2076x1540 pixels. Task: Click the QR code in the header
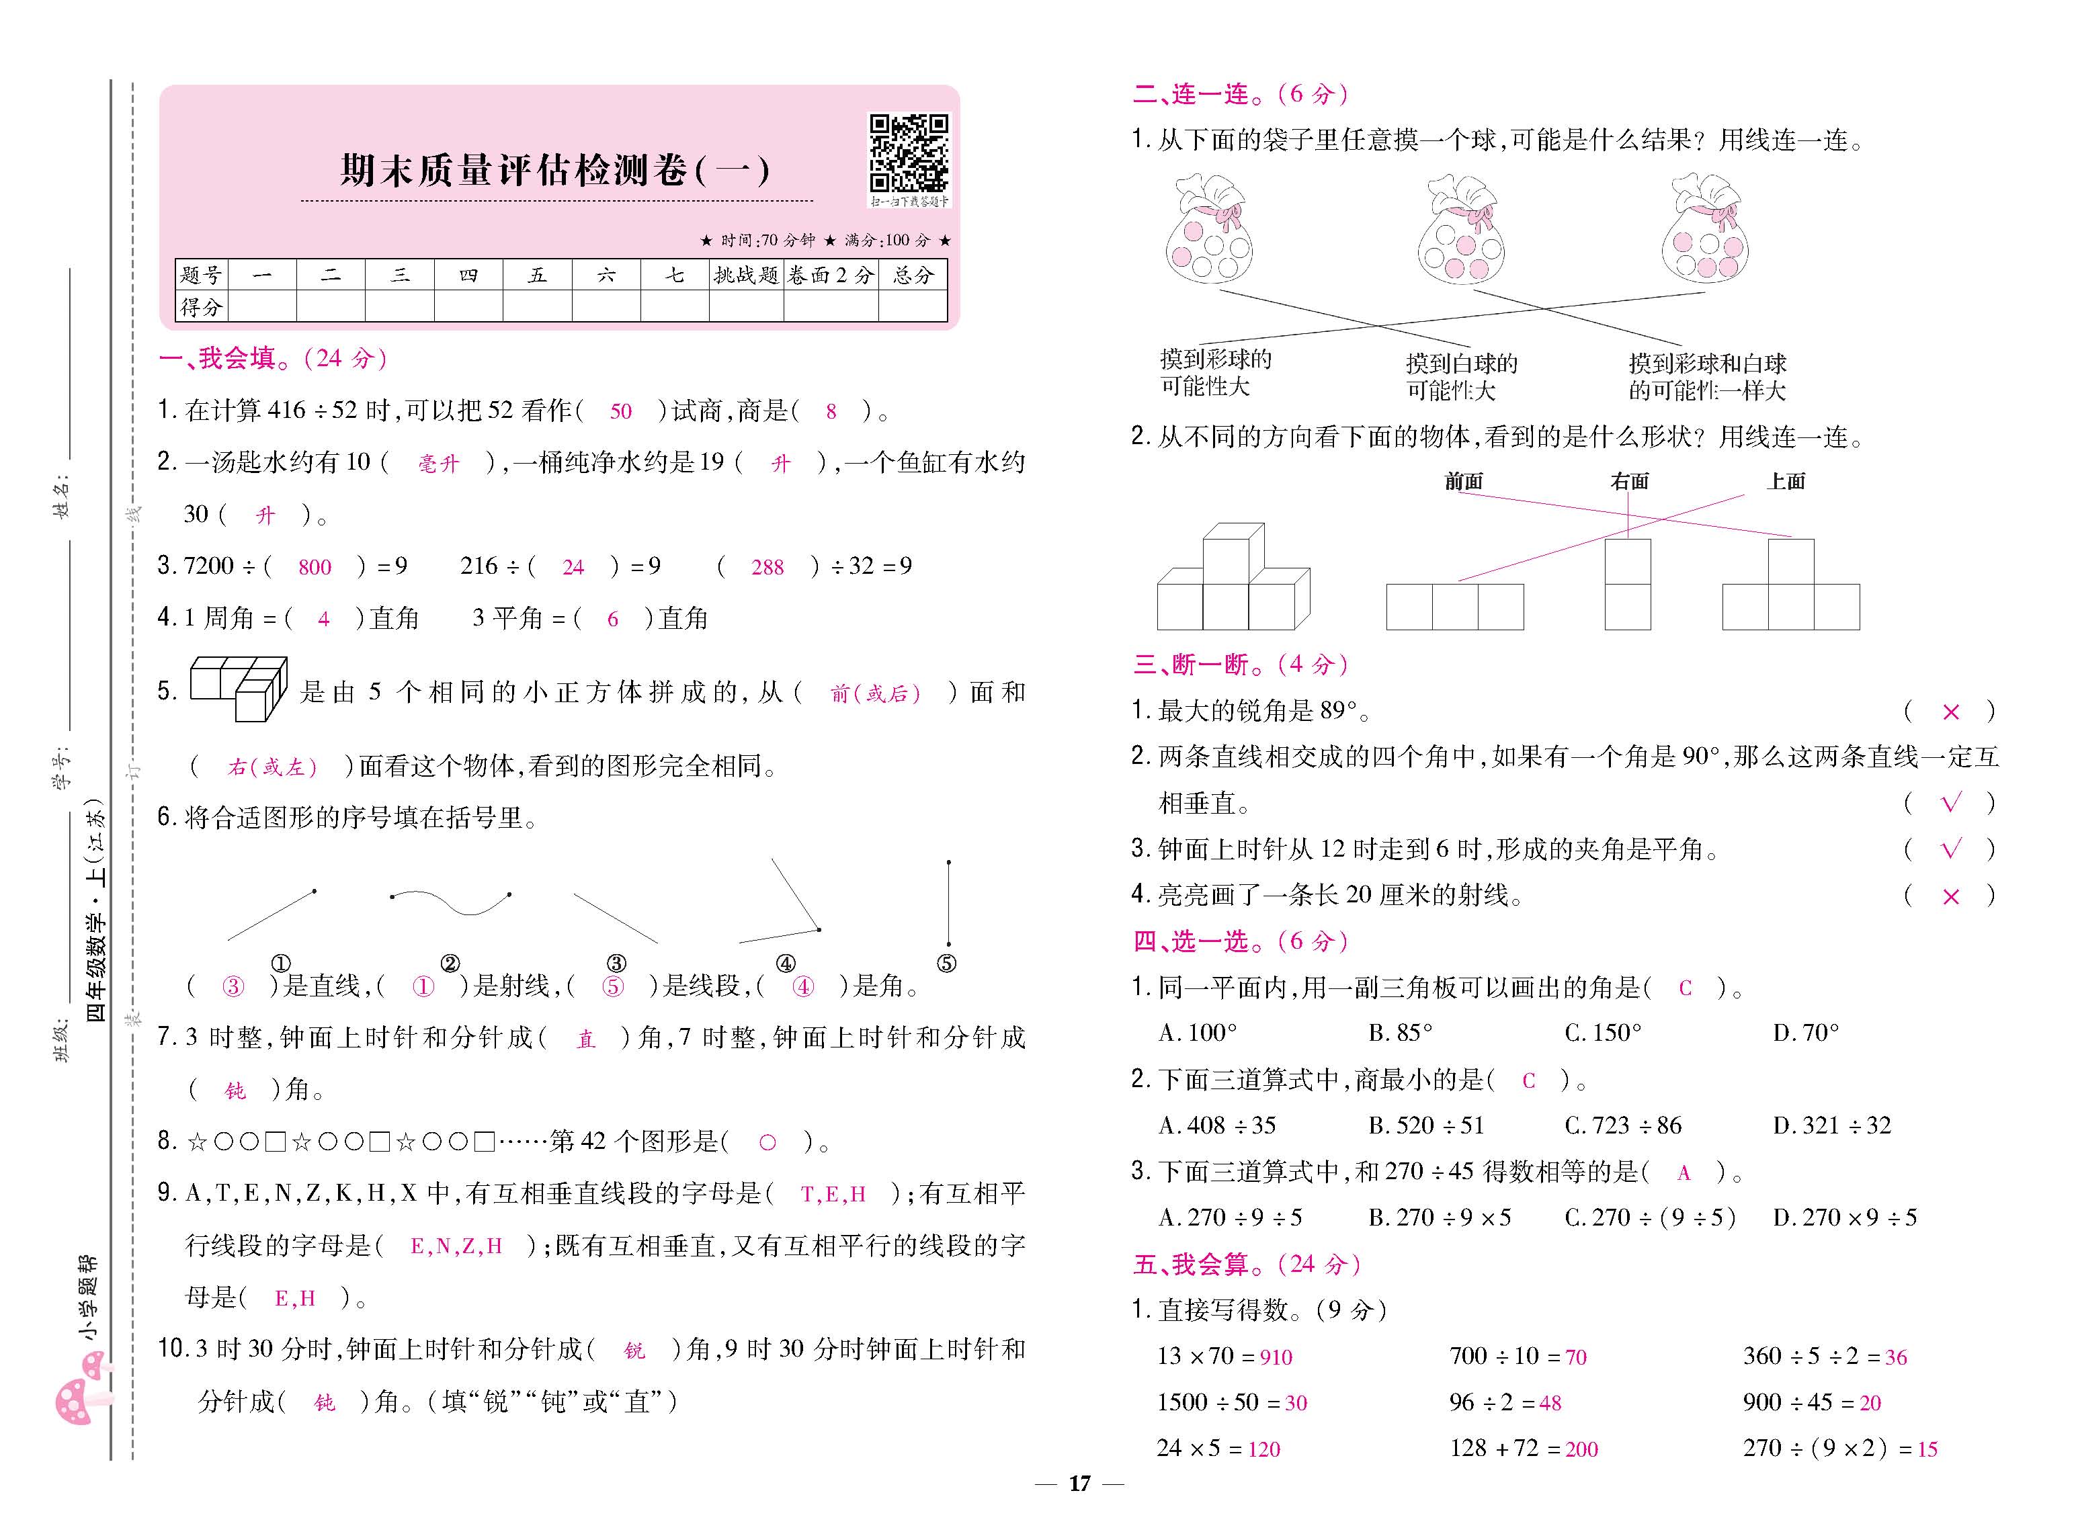908,153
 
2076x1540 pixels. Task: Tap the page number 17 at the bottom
1079,1483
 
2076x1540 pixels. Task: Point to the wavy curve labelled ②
450,900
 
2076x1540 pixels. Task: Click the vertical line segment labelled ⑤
948,902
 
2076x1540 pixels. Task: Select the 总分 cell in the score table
912,275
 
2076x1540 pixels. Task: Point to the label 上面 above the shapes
1785,481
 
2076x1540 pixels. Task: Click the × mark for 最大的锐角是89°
1950,712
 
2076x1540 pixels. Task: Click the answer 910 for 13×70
1276,1357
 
